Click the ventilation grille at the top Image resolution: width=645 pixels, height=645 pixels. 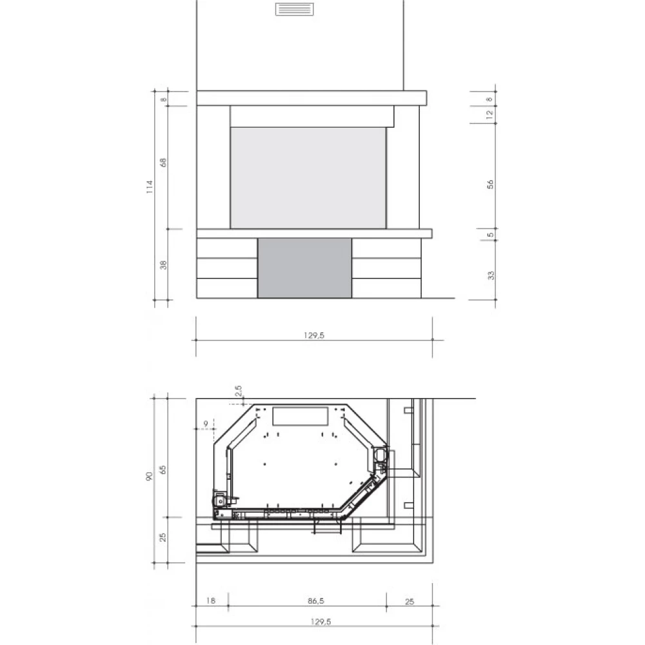294,9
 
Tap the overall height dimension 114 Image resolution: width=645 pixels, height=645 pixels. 150,187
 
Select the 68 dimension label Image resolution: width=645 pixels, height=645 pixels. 163,163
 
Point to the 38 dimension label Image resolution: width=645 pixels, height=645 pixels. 163,265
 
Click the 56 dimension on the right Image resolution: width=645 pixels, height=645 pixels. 490,184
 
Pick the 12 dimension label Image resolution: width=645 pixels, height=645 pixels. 490,115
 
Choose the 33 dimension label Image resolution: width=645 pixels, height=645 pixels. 491,275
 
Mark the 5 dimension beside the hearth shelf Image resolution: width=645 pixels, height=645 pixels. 490,235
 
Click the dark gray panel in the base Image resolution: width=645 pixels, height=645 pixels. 305,268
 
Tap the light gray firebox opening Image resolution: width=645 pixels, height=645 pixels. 308,178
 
